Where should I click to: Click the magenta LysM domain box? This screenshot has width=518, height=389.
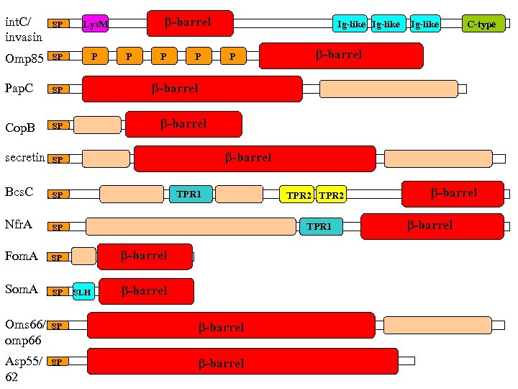pos(95,24)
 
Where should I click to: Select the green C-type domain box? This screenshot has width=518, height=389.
pos(483,24)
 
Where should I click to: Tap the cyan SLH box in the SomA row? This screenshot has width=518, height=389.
pos(83,291)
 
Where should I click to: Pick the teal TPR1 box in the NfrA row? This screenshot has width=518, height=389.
pos(320,226)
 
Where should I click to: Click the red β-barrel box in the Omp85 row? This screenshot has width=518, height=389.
pos(340,55)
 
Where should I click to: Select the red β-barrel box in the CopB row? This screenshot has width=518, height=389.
pos(183,124)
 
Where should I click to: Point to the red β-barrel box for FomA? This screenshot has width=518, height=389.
pos(145,256)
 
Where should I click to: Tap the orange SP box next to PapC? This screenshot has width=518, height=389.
pos(58,89)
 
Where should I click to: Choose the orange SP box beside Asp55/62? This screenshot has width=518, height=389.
pos(58,361)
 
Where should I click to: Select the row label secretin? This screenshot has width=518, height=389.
pos(24,157)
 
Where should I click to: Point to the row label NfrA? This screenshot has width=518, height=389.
pos(19,224)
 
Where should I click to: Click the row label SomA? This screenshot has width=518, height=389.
pos(22,289)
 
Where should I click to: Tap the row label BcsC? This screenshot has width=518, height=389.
pos(19,192)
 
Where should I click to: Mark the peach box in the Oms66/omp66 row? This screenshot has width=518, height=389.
pos(428,324)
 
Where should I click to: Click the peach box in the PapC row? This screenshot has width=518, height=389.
pos(388,89)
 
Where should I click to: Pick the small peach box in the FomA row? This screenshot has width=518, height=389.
pos(83,256)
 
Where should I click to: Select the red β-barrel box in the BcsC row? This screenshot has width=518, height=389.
pos(453,193)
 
